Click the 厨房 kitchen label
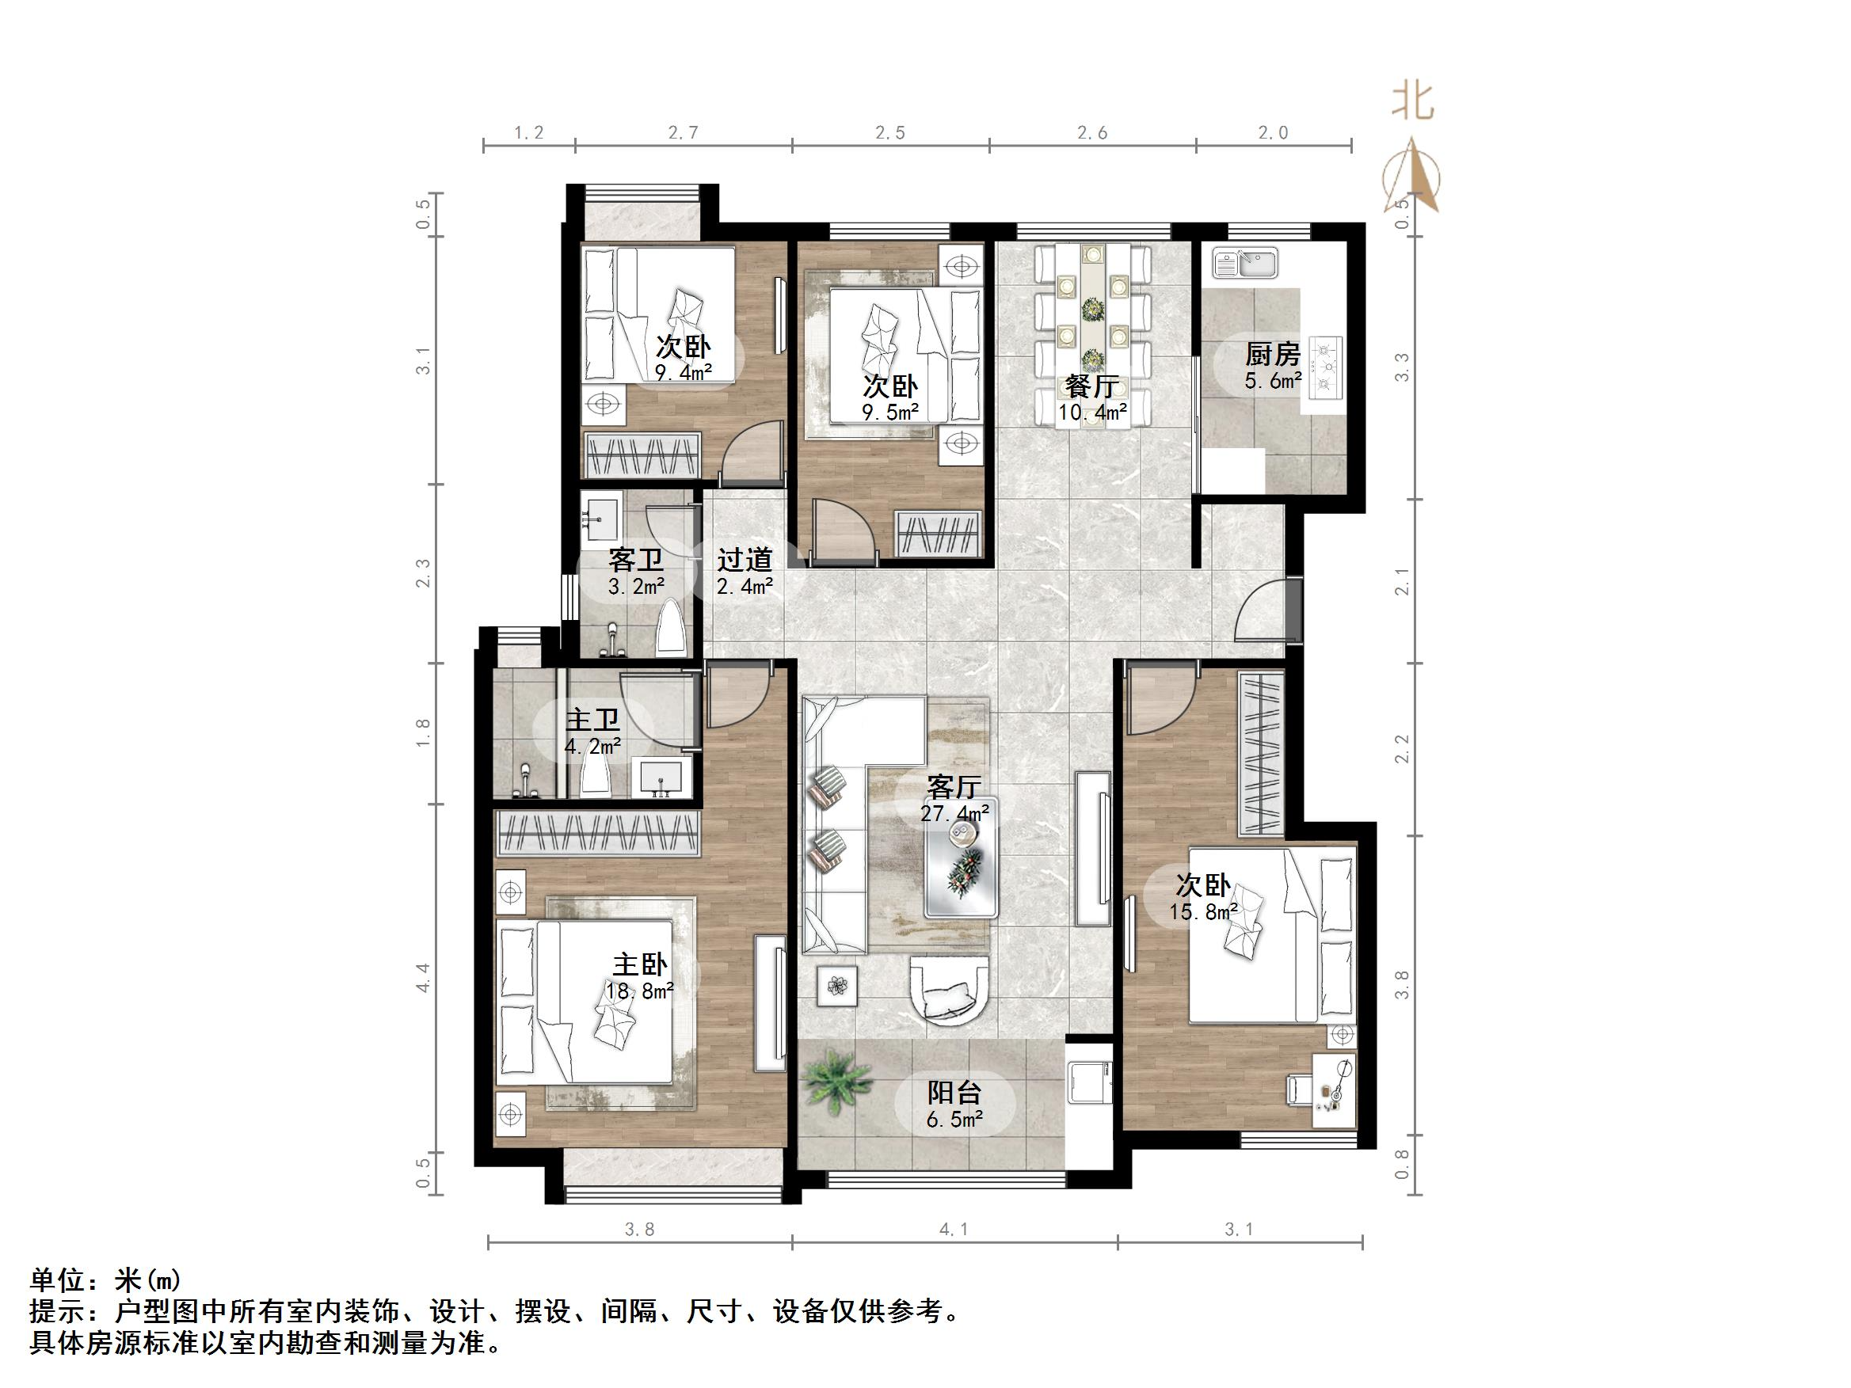1272,355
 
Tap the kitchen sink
1245,263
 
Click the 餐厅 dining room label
1092,386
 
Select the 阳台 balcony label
954,1093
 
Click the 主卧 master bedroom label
640,964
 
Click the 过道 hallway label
744,559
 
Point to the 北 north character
1412,103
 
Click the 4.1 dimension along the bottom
954,1229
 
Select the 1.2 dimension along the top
528,132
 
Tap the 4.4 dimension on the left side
424,977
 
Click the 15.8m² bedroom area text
1203,912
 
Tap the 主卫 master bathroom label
592,720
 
